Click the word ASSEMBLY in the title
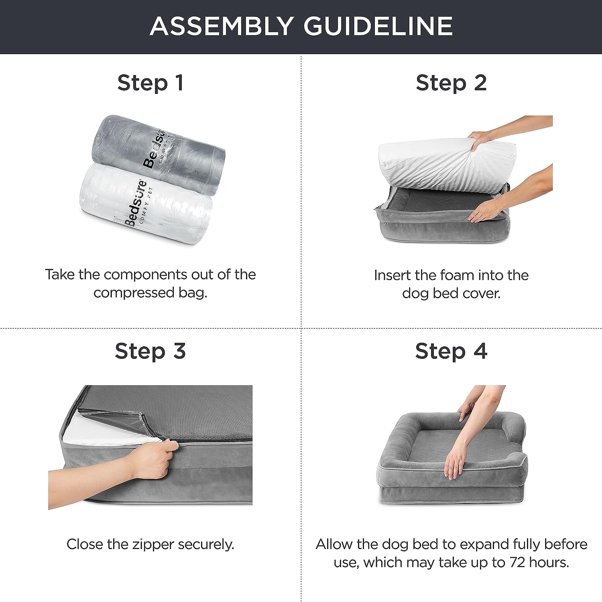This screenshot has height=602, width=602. point(221,26)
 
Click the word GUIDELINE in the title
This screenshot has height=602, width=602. point(378,26)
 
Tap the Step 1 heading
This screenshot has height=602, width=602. point(150,83)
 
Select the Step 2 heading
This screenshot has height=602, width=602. point(451,83)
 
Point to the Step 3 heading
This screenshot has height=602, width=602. point(150,351)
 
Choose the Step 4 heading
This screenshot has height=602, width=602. point(451,351)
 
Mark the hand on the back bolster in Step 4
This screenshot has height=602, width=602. point(468,409)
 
